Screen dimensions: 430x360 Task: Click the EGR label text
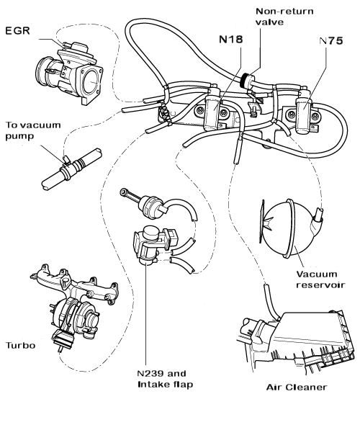pyautogui.click(x=18, y=31)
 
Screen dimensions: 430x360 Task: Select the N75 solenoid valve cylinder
pyautogui.click(x=303, y=112)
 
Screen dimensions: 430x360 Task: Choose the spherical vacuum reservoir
pyautogui.click(x=287, y=230)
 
